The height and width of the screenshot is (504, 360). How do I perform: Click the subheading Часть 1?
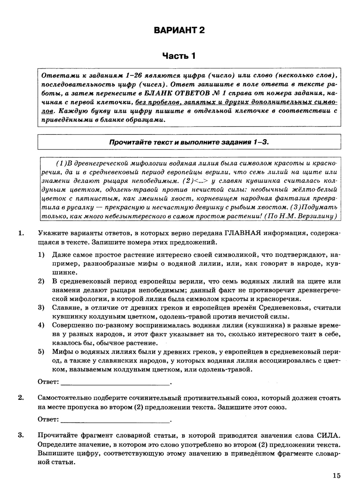(x=179, y=56)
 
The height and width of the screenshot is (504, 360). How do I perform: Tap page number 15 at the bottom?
(x=336, y=476)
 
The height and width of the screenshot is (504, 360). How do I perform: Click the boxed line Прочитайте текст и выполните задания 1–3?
(x=189, y=142)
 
